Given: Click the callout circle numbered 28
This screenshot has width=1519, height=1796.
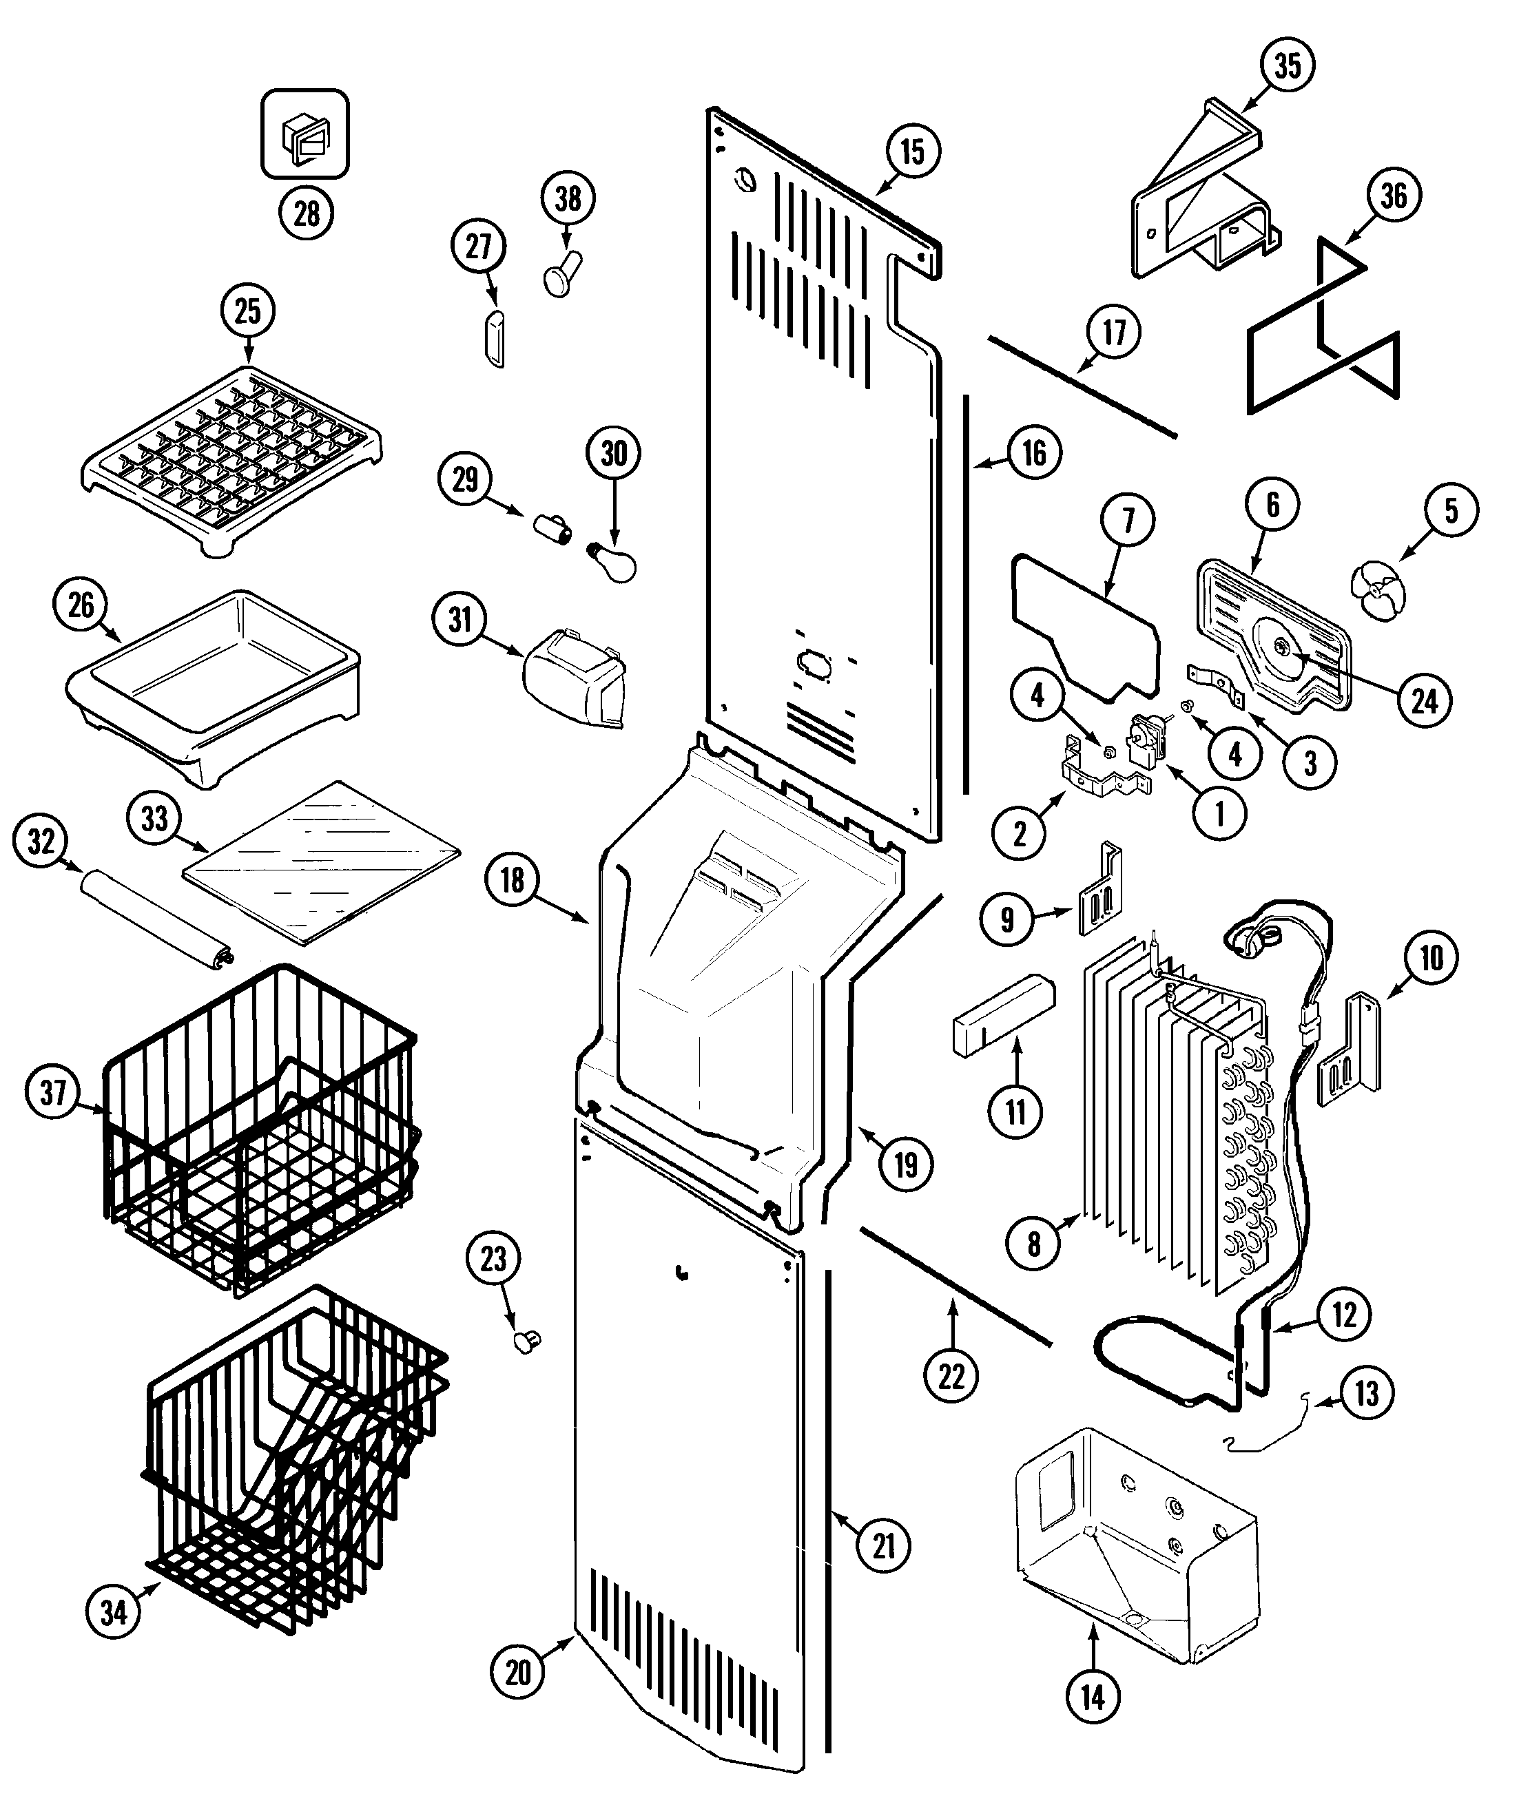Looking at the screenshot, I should point(307,213).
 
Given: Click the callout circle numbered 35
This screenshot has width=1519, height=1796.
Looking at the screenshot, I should point(1288,65).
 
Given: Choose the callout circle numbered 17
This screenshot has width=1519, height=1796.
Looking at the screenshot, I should point(1115,331).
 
